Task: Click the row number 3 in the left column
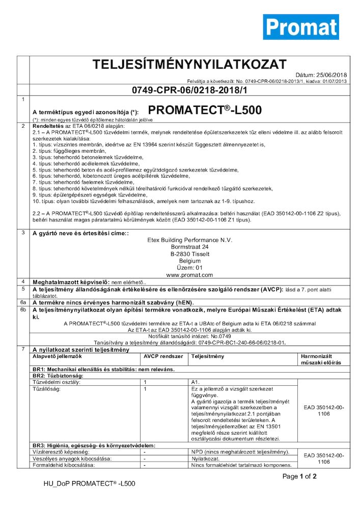click(23, 233)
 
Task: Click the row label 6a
click(23, 302)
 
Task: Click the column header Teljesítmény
click(207, 356)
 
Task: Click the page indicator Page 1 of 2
click(300, 476)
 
